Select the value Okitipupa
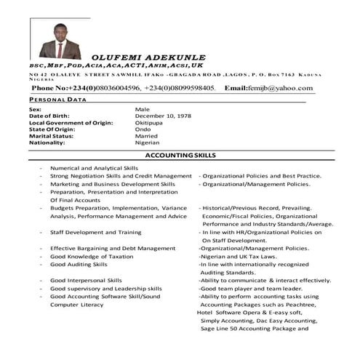click(x=151, y=123)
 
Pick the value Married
click(x=147, y=136)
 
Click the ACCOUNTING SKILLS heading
click(x=180, y=156)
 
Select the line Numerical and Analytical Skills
click(x=94, y=168)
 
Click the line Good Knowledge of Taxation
click(x=92, y=256)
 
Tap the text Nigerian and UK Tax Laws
click(x=239, y=256)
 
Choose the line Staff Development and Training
click(x=95, y=232)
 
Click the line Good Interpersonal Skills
click(x=86, y=280)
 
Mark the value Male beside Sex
click(x=142, y=110)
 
